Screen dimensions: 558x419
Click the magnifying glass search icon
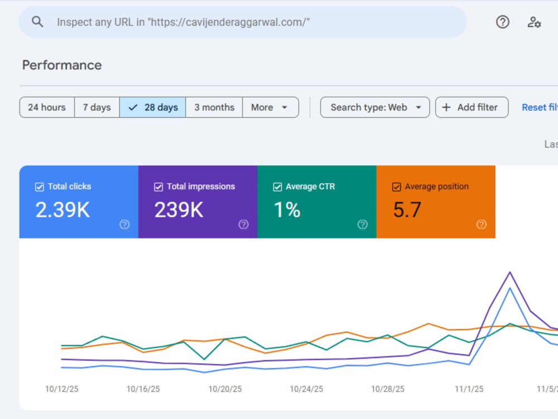coord(37,22)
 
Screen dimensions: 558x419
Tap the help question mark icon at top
coord(503,22)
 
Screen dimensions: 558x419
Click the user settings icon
coord(534,22)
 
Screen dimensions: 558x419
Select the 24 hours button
coord(47,107)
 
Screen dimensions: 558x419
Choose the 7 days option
coord(97,107)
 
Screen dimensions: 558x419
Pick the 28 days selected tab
coord(153,107)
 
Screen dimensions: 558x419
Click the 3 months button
coord(214,107)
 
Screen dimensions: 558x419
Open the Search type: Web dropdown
coord(375,107)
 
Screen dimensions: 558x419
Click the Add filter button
coord(472,107)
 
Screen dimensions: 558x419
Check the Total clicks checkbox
coord(40,187)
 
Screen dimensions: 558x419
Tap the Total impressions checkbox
coord(158,187)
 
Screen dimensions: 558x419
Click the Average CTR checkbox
coord(277,187)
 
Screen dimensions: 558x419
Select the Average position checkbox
coord(396,187)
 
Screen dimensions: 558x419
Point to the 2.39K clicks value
coord(62,209)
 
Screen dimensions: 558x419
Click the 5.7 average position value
coord(407,209)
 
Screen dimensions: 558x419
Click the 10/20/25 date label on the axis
coord(225,389)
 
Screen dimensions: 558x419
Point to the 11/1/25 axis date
coord(469,389)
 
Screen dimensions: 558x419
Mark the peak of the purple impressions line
coord(510,272)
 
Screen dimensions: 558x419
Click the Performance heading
coord(62,65)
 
